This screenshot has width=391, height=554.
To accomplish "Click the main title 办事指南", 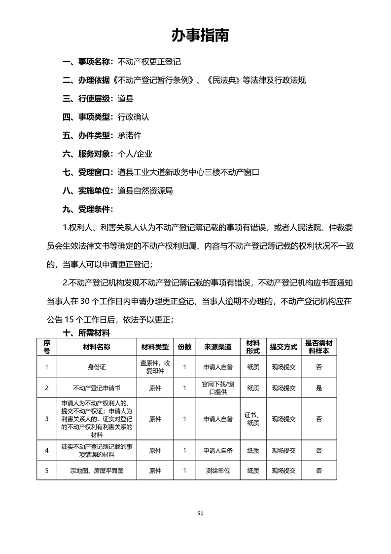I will (200, 35).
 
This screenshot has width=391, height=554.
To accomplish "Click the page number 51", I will (200, 513).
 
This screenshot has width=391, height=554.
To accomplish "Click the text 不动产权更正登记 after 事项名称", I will (149, 62).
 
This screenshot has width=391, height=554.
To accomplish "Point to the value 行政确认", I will (133, 118).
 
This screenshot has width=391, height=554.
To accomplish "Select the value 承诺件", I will (129, 135).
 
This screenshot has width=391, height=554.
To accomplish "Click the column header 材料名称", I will (97, 347).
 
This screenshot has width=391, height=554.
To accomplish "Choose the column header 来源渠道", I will (217, 347).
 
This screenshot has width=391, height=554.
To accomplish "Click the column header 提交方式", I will (283, 347).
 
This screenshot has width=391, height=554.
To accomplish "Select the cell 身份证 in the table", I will (97, 367).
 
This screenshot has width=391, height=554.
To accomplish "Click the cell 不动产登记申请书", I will (97, 388).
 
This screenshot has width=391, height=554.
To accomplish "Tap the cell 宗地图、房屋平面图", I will (97, 471).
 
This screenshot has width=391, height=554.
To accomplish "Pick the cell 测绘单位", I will (217, 471).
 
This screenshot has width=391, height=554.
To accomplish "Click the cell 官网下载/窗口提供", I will (217, 388).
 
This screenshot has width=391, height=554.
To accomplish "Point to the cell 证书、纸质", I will (253, 419).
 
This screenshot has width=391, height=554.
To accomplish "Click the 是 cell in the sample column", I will (319, 388).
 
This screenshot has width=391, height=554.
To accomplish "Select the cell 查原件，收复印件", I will (155, 367).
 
